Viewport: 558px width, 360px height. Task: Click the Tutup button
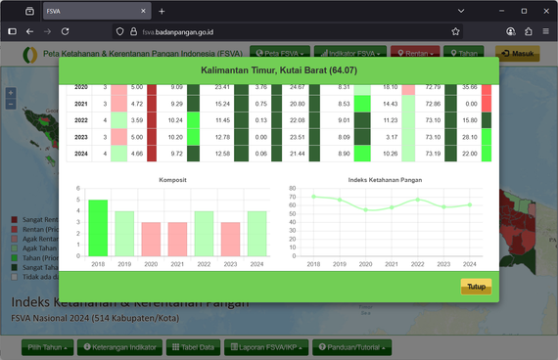(476, 287)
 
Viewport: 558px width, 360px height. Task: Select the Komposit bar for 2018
(98, 228)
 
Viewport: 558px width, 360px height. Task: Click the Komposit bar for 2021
(177, 239)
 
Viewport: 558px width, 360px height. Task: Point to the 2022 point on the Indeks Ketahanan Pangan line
(417, 200)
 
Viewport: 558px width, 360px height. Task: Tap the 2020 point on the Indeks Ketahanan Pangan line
(365, 209)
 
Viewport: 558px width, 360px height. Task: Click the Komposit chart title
(172, 181)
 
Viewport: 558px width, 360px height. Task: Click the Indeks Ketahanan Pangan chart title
(391, 181)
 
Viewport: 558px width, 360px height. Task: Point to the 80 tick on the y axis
(293, 189)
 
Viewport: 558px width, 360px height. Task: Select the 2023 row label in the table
(81, 137)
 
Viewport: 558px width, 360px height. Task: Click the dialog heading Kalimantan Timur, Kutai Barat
(278, 71)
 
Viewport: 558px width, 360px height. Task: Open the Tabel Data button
(192, 347)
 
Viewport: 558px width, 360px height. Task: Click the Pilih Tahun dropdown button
(48, 347)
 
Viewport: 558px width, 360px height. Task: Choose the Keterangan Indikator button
(118, 347)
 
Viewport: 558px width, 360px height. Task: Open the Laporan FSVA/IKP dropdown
(265, 347)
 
